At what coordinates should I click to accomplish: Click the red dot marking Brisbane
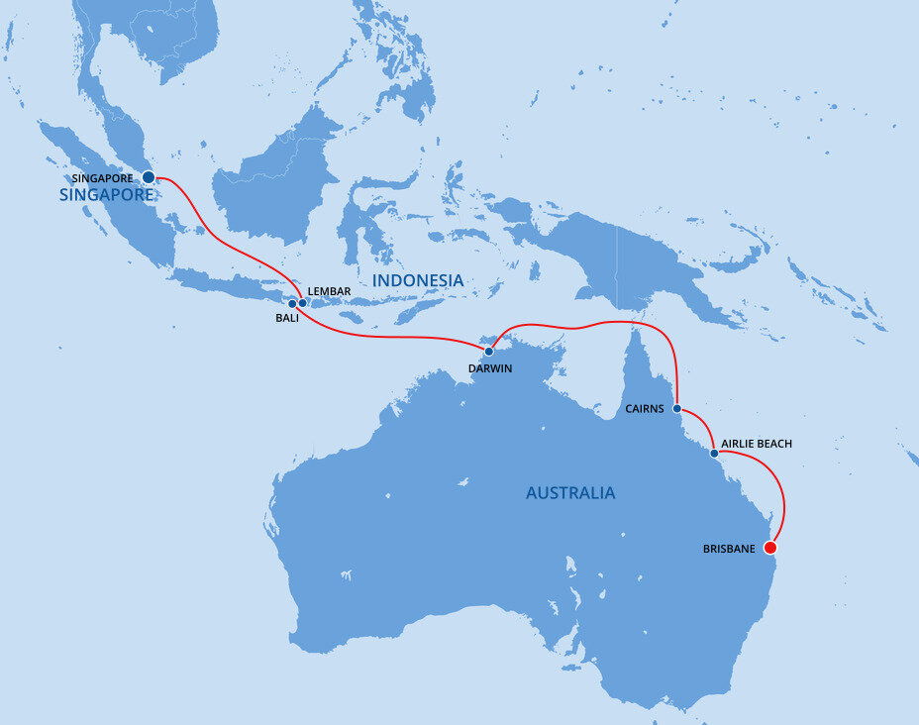tap(770, 547)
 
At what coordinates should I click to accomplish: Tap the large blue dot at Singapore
tap(149, 177)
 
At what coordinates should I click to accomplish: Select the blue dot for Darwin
tap(489, 352)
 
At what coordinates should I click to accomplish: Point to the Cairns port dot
tap(676, 408)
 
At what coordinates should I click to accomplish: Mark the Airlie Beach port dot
tap(714, 453)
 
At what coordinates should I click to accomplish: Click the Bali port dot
tap(292, 304)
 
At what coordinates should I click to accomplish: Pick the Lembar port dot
tap(303, 303)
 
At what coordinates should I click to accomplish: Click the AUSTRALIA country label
tap(569, 493)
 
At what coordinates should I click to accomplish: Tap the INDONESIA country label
tap(417, 281)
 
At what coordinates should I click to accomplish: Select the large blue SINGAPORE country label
tap(106, 195)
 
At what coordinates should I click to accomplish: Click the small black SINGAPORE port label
tap(103, 178)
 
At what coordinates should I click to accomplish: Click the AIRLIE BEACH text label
tap(757, 444)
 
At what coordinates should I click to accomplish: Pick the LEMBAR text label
tap(330, 290)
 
